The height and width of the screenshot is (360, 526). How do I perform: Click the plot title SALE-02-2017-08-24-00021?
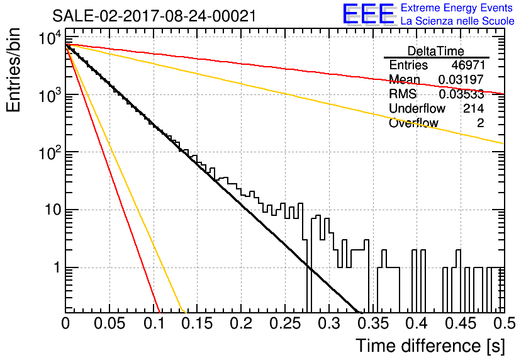pyautogui.click(x=154, y=16)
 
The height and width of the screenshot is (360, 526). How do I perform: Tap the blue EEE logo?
pyautogui.click(x=368, y=14)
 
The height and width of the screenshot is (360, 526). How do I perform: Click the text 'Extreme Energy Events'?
pyautogui.click(x=457, y=8)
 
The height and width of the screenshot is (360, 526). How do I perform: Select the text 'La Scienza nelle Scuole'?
pyautogui.click(x=457, y=21)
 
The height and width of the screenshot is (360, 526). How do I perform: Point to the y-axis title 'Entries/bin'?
pyautogui.click(x=14, y=70)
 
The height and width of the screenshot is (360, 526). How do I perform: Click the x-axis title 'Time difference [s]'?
pyautogui.click(x=430, y=346)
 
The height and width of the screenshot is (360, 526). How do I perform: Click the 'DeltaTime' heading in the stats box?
pyautogui.click(x=436, y=51)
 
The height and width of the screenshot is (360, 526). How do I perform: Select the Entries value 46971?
pyautogui.click(x=468, y=65)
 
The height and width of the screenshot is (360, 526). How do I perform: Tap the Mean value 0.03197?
pyautogui.click(x=461, y=79)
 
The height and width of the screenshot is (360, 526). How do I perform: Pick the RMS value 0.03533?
pyautogui.click(x=461, y=94)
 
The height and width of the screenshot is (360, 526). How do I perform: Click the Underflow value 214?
pyautogui.click(x=473, y=108)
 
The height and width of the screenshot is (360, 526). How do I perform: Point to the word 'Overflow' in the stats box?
pyautogui.click(x=413, y=123)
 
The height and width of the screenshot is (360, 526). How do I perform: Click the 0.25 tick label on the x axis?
pyautogui.click(x=286, y=323)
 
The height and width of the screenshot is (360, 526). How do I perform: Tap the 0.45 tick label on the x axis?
pyautogui.click(x=461, y=323)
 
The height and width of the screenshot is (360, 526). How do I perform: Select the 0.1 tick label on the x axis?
pyautogui.click(x=154, y=323)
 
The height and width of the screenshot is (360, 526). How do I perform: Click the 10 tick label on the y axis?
pyautogui.click(x=53, y=210)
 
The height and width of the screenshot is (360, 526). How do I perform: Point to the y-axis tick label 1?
pyautogui.click(x=57, y=267)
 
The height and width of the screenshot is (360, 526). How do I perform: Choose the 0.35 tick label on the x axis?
pyautogui.click(x=373, y=323)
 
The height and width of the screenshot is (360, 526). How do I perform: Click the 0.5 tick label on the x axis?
pyautogui.click(x=505, y=323)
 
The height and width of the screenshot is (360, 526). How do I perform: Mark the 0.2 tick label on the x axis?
pyautogui.click(x=242, y=323)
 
